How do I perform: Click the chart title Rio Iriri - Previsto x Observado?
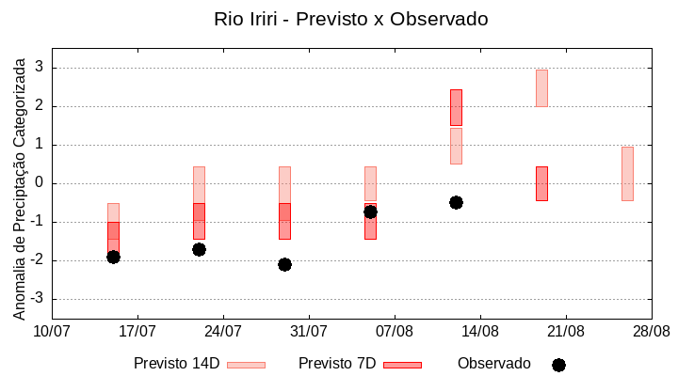coord(351,19)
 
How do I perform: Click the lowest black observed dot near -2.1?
coord(284,264)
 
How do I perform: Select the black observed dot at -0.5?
coord(456,202)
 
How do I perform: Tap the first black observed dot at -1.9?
coord(113,257)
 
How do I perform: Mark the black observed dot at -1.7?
coord(199,249)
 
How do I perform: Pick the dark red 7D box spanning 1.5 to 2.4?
coord(456,107)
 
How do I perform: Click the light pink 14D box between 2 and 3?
coord(541,87)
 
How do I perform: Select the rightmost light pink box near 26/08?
coord(627,173)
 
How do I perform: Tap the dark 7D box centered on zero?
coord(541,183)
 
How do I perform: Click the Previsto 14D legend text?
coord(176,364)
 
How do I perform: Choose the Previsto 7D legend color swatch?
coord(402,365)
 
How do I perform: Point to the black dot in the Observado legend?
coord(558,365)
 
